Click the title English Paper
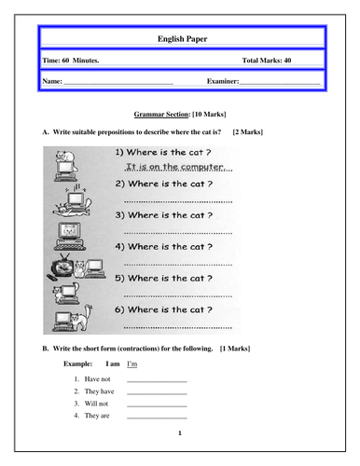180,39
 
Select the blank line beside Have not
157,381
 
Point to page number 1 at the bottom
180,434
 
